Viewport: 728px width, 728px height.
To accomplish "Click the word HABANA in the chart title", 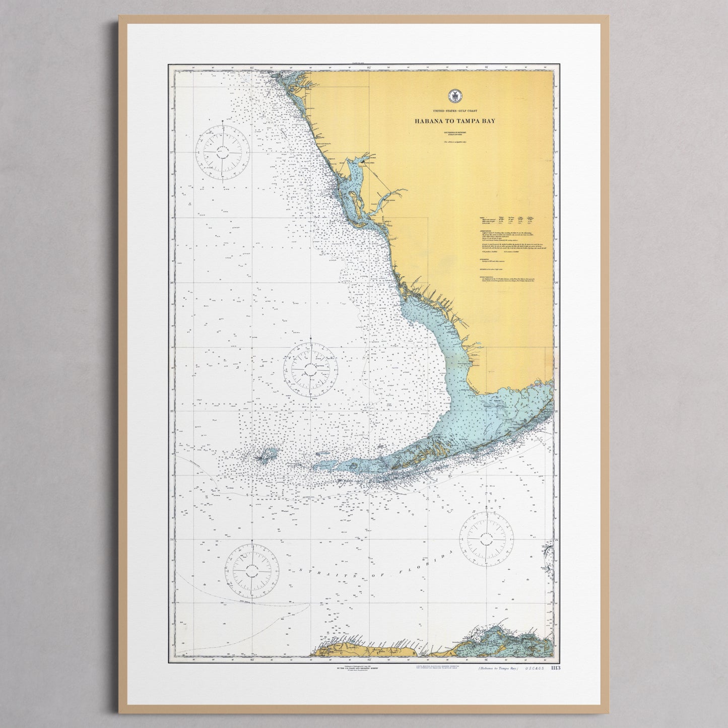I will pos(429,121).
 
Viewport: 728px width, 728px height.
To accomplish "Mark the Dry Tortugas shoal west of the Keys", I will pos(264,457).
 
